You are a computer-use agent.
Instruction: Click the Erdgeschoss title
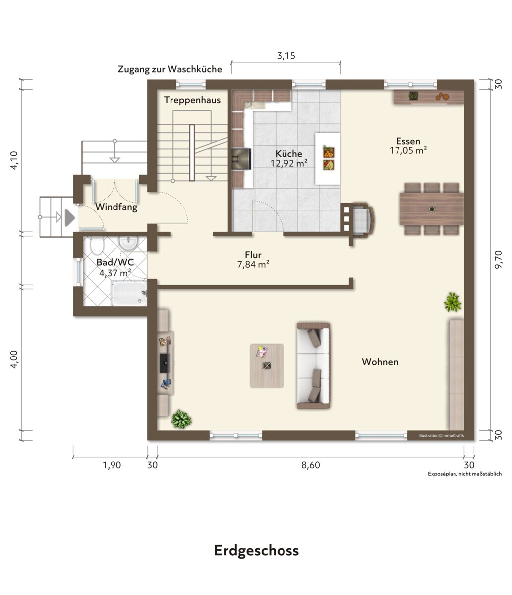click(256, 551)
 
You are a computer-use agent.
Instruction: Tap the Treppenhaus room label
click(192, 100)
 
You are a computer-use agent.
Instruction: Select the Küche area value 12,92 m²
click(288, 163)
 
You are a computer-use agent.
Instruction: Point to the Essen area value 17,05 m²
click(408, 150)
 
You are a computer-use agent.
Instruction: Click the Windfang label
click(116, 207)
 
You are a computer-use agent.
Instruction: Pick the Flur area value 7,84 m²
click(253, 264)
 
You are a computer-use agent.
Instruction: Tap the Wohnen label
click(380, 362)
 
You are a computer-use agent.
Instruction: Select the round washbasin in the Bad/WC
click(128, 243)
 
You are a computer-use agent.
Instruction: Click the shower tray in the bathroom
click(129, 294)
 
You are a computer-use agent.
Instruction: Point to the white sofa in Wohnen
click(313, 365)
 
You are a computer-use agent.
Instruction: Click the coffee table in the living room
click(267, 365)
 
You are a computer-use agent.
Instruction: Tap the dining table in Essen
click(432, 209)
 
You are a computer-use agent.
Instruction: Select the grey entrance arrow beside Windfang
click(70, 217)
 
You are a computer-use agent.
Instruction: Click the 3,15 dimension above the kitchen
click(286, 56)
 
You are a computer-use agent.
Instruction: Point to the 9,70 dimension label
click(498, 259)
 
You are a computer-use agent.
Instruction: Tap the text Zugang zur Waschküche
click(170, 69)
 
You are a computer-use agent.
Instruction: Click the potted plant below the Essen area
click(453, 302)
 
